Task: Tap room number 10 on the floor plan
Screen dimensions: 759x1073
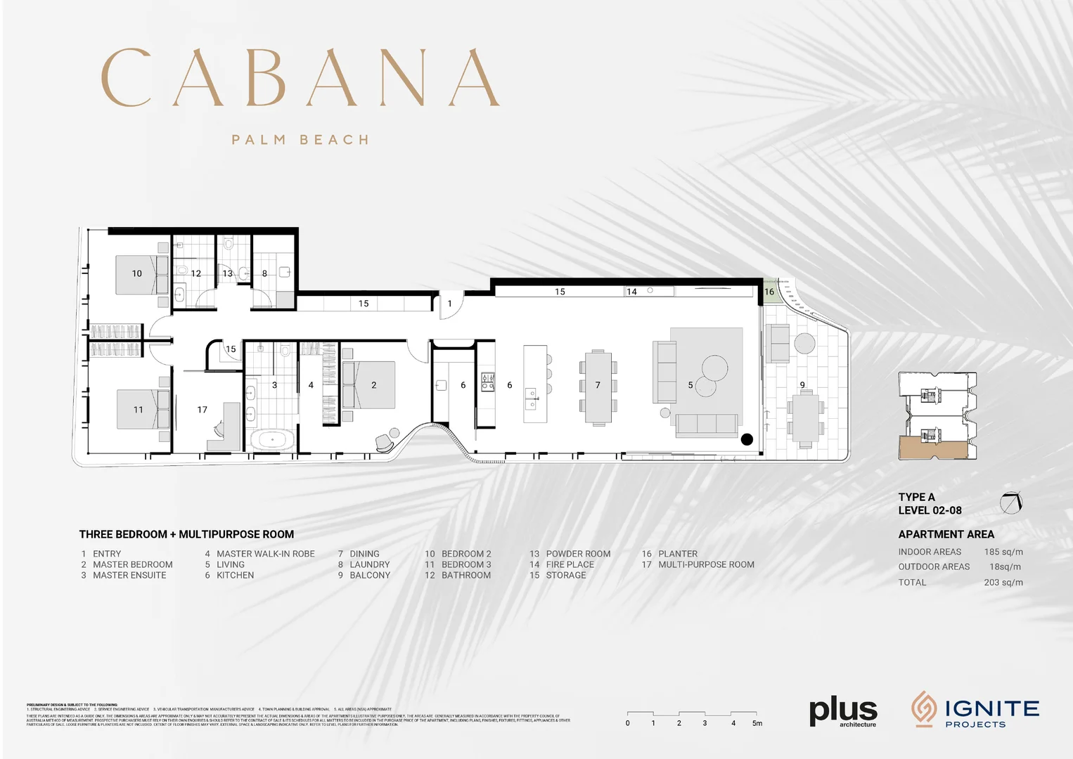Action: pos(137,273)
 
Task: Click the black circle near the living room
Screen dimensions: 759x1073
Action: pos(747,439)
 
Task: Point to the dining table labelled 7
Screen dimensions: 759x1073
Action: pos(598,387)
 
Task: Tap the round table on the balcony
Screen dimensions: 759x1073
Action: pos(804,344)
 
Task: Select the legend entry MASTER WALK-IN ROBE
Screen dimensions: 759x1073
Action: pos(265,554)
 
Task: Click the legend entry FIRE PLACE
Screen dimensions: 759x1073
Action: pos(570,564)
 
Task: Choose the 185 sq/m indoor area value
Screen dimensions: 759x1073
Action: pos(1003,552)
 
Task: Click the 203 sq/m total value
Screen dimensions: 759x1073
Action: pos(1003,582)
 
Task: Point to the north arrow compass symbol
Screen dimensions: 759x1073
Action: pos(1011,502)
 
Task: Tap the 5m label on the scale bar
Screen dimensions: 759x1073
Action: pos(757,723)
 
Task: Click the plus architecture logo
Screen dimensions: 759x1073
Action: pos(843,711)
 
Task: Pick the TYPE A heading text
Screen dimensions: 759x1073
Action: pos(916,497)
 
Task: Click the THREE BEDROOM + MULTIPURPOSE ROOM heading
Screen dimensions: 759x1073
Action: pos(186,534)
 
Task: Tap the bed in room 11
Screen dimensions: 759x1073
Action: pos(143,409)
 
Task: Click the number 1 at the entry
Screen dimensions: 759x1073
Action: pos(450,304)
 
